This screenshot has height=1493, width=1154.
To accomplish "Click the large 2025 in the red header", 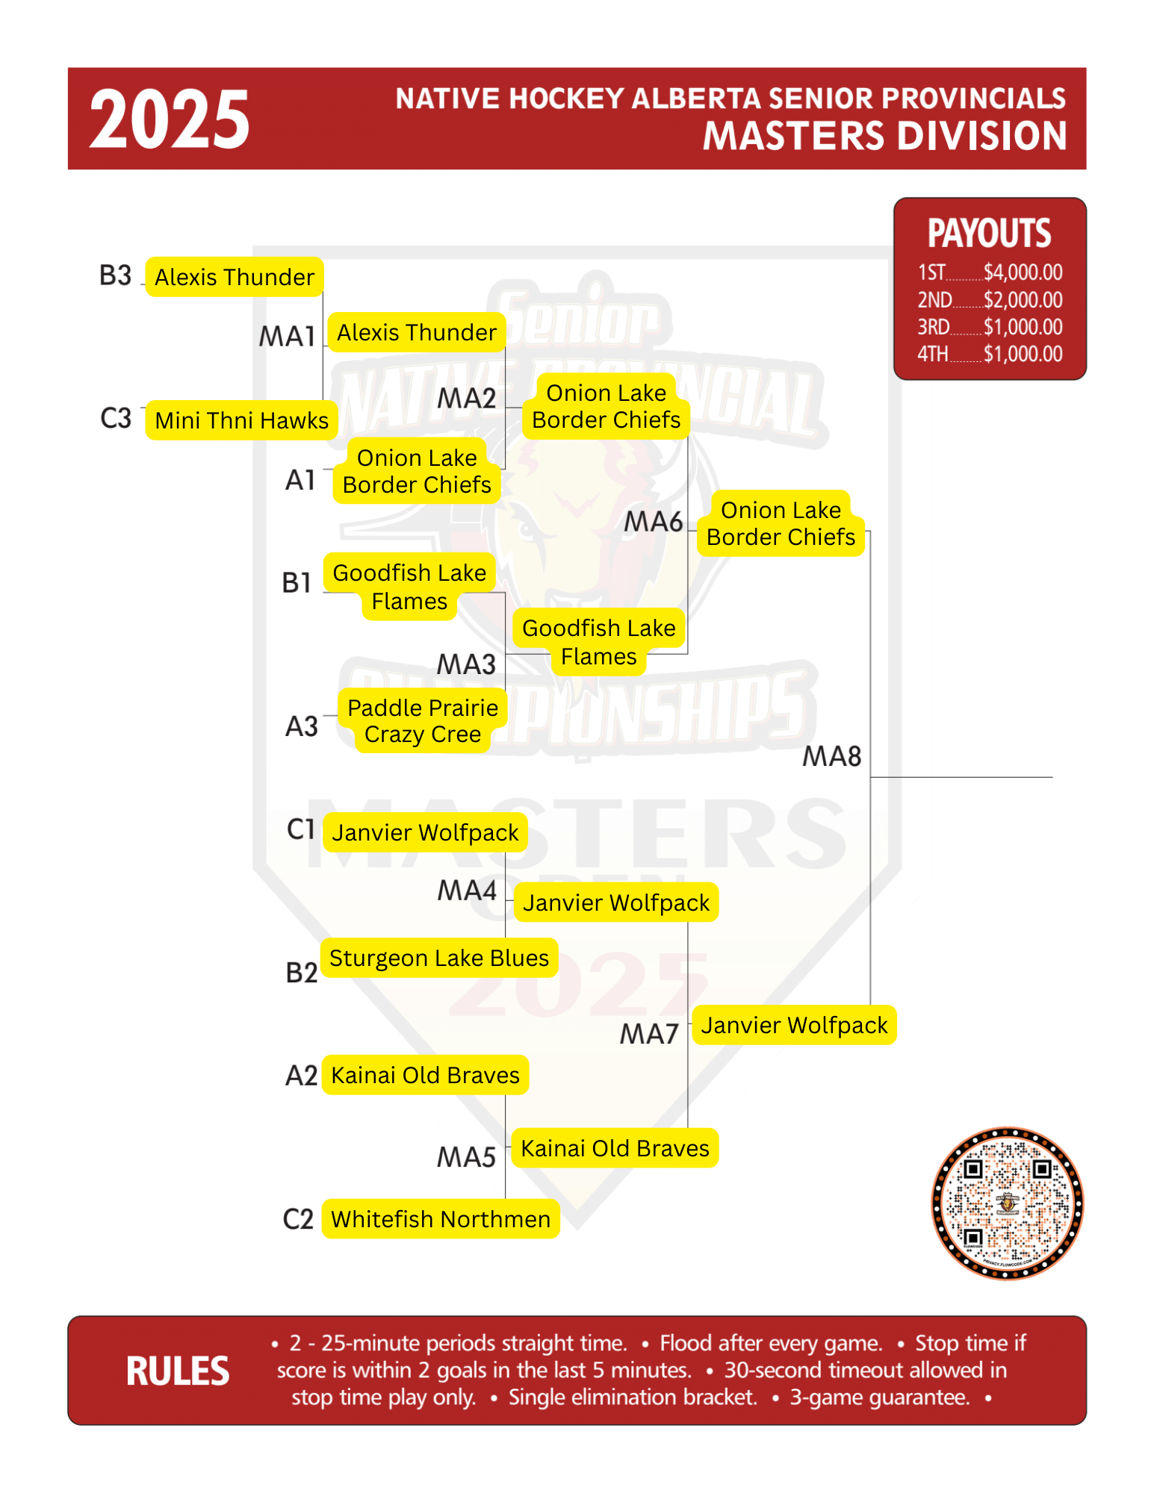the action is [170, 119].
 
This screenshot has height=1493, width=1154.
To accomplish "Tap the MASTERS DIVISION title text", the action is [885, 136].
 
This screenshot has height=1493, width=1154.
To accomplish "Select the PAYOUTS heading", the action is [990, 234].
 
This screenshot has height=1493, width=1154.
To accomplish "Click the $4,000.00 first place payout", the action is [1023, 272].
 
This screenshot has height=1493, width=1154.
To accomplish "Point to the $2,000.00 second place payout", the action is [1023, 300].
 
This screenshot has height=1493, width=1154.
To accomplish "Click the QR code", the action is [1008, 1203].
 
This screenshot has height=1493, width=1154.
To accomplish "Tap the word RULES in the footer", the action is [178, 1371].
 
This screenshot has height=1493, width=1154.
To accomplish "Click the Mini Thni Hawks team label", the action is [242, 420].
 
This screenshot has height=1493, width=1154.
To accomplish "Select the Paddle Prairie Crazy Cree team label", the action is [423, 720].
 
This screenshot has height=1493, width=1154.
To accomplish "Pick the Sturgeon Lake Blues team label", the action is [439, 958].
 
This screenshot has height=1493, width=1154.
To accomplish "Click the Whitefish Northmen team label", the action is [441, 1219].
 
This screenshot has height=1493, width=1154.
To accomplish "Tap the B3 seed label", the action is [116, 275].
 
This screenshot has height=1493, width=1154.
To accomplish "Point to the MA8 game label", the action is [832, 756].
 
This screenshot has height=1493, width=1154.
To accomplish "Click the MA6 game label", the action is [654, 522].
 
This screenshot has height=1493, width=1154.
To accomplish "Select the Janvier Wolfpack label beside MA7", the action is [794, 1025].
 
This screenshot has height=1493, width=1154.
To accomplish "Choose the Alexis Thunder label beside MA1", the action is [417, 332].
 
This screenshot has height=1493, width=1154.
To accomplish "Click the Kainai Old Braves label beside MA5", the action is [615, 1148].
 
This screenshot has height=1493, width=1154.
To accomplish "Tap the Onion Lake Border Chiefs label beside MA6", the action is [781, 523].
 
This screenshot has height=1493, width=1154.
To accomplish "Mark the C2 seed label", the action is [298, 1219].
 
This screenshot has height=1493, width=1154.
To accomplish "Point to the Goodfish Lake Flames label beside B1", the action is [409, 587].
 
